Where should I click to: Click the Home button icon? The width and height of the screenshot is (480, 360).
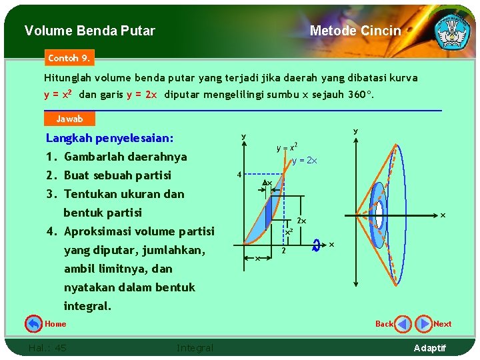[x=33, y=324]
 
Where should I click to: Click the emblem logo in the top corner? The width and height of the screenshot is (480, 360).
[x=451, y=30]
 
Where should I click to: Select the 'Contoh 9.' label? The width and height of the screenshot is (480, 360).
[x=69, y=58]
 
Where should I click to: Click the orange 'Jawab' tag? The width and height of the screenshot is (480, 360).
[x=69, y=119]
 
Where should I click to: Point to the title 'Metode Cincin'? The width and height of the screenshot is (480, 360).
[x=355, y=31]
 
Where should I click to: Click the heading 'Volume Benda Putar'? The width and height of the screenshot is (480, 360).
[x=89, y=31]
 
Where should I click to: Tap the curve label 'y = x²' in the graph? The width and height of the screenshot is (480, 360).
[x=287, y=147]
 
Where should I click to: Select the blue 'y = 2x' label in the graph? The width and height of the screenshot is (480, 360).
[x=305, y=161]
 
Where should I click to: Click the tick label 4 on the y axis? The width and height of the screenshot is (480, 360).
[x=239, y=175]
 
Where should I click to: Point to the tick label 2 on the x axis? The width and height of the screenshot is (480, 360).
[x=283, y=251]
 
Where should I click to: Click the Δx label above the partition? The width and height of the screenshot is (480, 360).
[x=267, y=183]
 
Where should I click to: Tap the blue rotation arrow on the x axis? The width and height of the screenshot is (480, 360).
[x=317, y=245]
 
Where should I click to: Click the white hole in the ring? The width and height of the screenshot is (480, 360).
[x=379, y=215]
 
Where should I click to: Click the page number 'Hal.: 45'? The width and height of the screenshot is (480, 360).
[x=47, y=347]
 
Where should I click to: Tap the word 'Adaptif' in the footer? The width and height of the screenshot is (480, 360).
[x=430, y=348]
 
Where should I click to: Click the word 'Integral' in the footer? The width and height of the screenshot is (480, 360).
[x=195, y=347]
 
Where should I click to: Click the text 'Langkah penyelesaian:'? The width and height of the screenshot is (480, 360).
[x=109, y=138]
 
